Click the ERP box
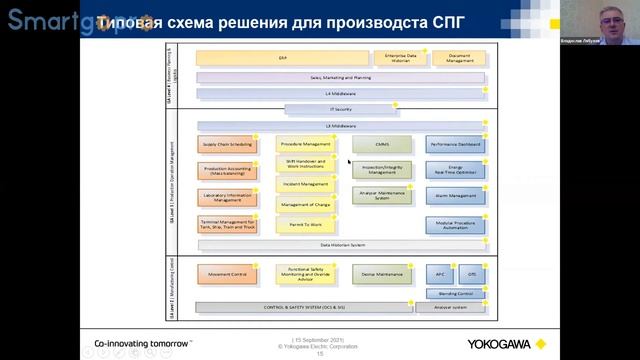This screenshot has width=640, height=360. pyautogui.click(x=283, y=58)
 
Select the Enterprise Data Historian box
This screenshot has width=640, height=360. pyautogui.click(x=400, y=58)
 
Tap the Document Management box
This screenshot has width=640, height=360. pyautogui.click(x=460, y=58)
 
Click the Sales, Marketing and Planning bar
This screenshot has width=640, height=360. pyautogui.click(x=340, y=77)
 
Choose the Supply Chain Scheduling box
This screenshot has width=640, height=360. pyautogui.click(x=227, y=144)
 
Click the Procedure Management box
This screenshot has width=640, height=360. pyautogui.click(x=306, y=144)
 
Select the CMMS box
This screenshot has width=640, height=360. pyautogui.click(x=382, y=144)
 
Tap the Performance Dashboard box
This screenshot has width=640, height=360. pyautogui.click(x=455, y=144)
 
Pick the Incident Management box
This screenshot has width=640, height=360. pyautogui.click(x=306, y=184)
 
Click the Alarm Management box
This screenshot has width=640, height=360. pyautogui.click(x=455, y=196)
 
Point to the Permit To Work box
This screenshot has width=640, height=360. pyautogui.click(x=306, y=225)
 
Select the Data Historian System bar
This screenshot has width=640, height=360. pyautogui.click(x=341, y=244)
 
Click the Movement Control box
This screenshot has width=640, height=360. pyautogui.click(x=227, y=273)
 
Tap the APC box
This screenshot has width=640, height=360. pyautogui.click(x=440, y=273)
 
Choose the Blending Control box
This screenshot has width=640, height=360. pyautogui.click(x=455, y=293)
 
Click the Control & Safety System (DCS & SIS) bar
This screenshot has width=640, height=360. pyautogui.click(x=304, y=307)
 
